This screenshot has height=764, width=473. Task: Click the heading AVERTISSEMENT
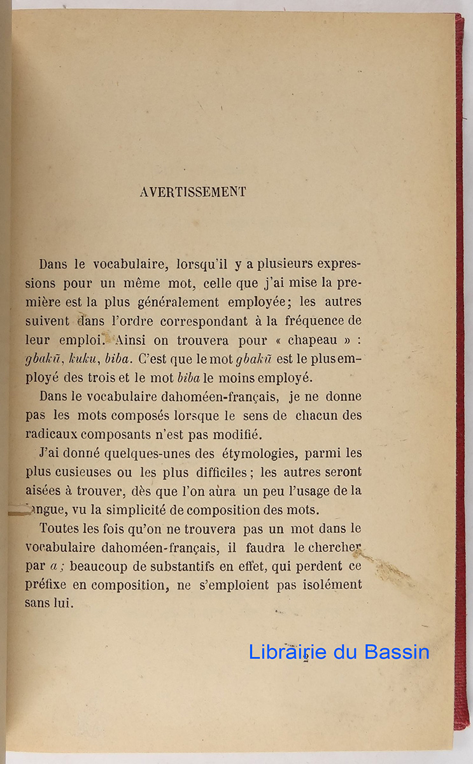pos(192,192)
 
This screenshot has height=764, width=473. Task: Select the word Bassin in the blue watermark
pos(397,652)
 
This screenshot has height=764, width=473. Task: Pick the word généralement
pos(181,302)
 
